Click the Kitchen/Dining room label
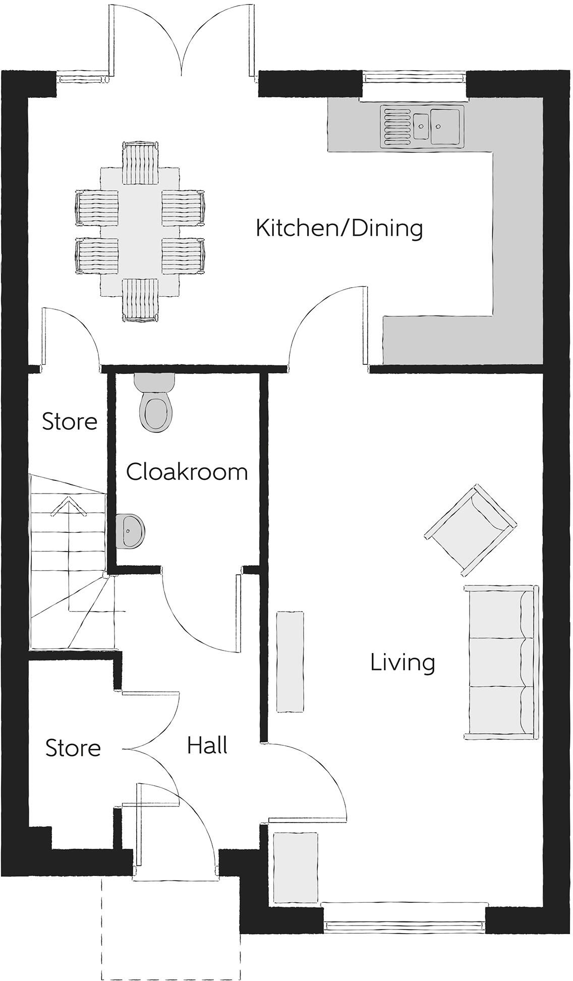tap(339, 228)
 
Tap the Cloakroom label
tap(187, 472)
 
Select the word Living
tap(403, 663)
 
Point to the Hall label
tap(207, 745)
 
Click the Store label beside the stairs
tap(70, 421)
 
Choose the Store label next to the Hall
tap(73, 748)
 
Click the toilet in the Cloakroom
tap(155, 403)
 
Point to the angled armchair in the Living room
tap(471, 529)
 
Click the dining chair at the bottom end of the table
tap(140, 300)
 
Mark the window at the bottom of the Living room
tap(404, 925)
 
